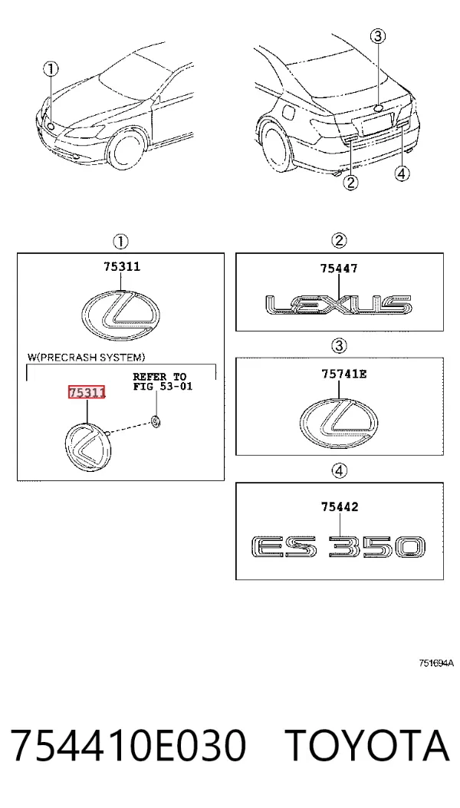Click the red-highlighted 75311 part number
click(87, 393)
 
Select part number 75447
click(338, 268)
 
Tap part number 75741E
click(344, 374)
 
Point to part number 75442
click(340, 507)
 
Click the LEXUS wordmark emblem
click(338, 305)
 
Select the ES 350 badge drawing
click(338, 547)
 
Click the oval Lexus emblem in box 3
click(338, 423)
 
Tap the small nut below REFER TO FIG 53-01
click(156, 422)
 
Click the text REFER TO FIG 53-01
click(163, 381)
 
